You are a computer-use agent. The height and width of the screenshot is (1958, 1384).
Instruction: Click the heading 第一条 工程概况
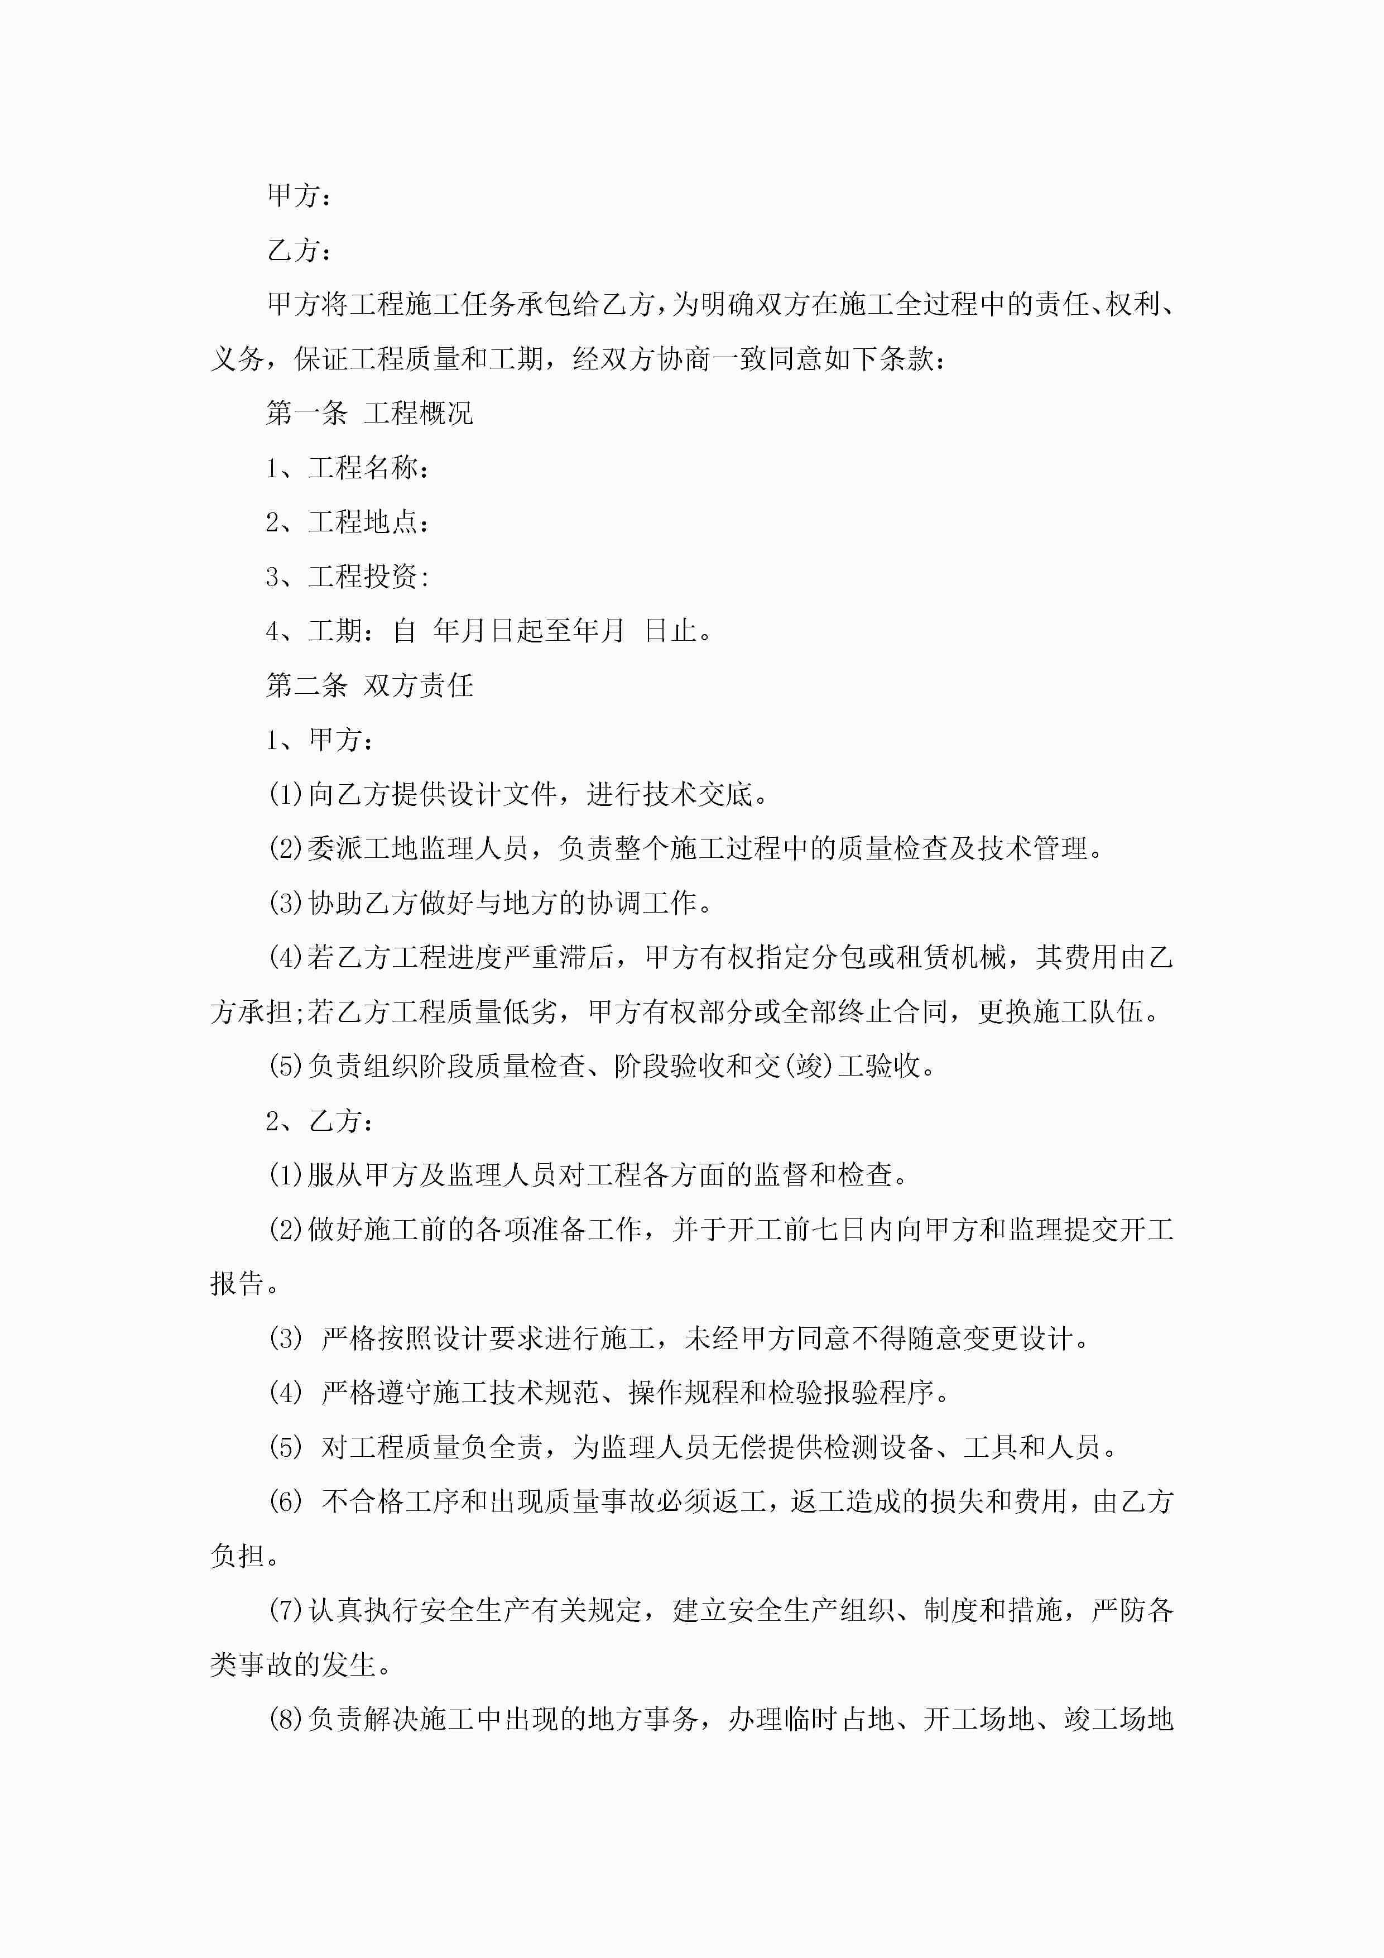click(369, 414)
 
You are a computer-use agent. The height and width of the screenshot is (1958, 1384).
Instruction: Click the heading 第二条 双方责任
click(369, 685)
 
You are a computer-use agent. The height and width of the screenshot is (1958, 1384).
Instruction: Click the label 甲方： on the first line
click(299, 196)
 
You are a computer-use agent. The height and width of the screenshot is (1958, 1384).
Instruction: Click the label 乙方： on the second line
click(299, 251)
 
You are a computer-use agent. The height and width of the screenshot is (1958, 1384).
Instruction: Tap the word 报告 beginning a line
click(237, 1284)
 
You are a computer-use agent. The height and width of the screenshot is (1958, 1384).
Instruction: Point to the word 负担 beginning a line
click(237, 1556)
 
